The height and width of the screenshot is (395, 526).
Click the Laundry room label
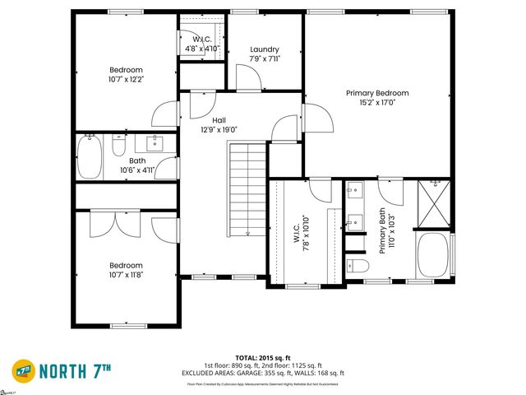(x=265, y=49)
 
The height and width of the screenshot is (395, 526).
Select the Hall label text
(x=219, y=120)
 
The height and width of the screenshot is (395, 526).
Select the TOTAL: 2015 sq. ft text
(x=263, y=358)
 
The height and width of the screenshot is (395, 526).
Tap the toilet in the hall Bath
(x=118, y=148)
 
